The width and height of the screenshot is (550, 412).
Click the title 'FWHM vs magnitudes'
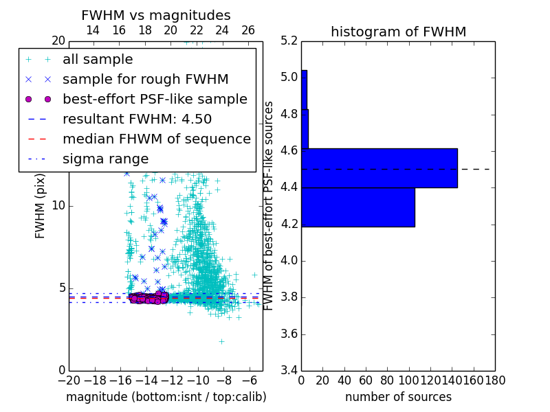(x=156, y=15)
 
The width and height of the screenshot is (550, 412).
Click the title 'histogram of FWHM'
(x=398, y=32)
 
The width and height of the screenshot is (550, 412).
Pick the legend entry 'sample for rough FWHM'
(x=145, y=79)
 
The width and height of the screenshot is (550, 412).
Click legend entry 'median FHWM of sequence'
(x=156, y=139)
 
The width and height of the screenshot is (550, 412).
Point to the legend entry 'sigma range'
(x=105, y=159)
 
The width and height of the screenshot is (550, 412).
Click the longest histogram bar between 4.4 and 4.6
(x=379, y=168)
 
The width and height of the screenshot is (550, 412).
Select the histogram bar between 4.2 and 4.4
(x=358, y=207)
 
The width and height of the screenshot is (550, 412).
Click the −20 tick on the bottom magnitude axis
(x=69, y=380)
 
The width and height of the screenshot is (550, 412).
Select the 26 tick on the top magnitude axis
(x=248, y=30)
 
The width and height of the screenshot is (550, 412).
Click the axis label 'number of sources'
(x=398, y=397)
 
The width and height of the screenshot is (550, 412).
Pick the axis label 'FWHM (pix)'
(x=40, y=205)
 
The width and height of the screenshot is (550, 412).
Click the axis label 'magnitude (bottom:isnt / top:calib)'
(x=166, y=397)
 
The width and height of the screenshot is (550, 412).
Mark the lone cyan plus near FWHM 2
(x=221, y=341)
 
